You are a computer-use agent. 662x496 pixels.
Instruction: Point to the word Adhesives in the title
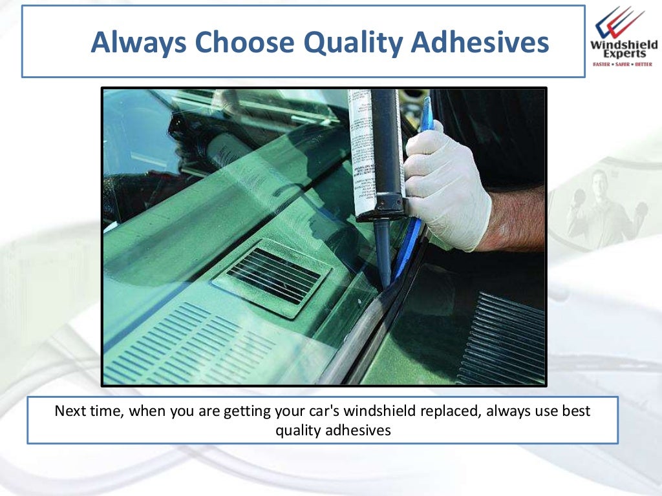480,43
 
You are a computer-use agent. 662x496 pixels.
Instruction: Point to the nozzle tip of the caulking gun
386,278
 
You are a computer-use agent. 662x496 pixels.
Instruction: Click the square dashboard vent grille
272,277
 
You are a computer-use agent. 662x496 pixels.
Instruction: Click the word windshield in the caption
376,411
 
